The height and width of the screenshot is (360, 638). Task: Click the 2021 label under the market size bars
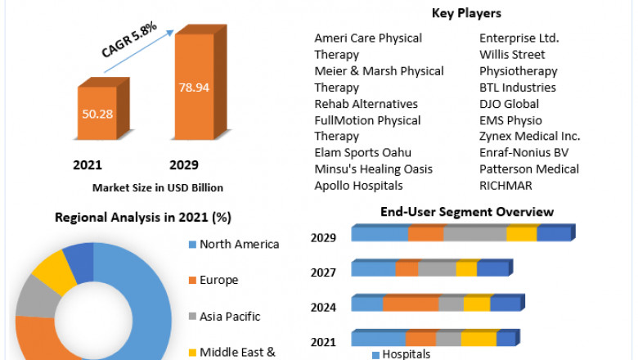pyautogui.click(x=88, y=164)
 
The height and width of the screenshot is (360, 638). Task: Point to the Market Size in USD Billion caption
pyautogui.click(x=158, y=187)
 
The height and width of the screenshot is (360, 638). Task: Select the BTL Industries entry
pyautogui.click(x=518, y=88)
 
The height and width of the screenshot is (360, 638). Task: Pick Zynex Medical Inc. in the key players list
pyautogui.click(x=529, y=137)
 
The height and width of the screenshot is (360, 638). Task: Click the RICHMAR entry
pyautogui.click(x=506, y=186)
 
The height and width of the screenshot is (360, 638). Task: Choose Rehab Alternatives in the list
pyautogui.click(x=366, y=104)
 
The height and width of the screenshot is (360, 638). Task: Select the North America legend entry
pyautogui.click(x=239, y=244)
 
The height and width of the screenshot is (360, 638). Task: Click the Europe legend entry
pyautogui.click(x=218, y=280)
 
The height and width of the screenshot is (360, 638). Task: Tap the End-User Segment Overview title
pyautogui.click(x=467, y=212)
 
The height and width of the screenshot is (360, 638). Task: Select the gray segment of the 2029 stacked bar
pyautogui.click(x=474, y=234)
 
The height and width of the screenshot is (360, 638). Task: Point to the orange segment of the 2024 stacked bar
pyautogui.click(x=410, y=304)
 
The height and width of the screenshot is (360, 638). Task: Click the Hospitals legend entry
pyautogui.click(x=405, y=354)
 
